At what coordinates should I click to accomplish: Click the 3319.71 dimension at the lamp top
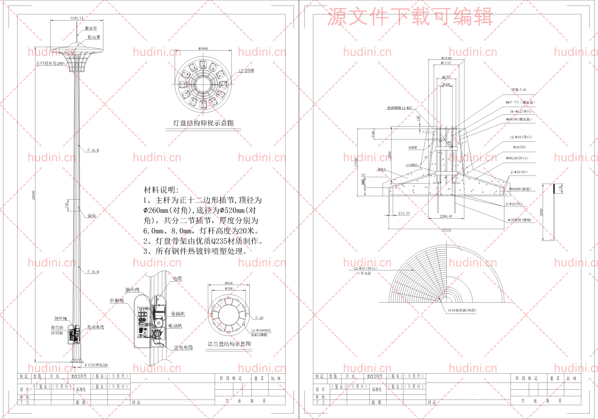pyautogui.click(x=77, y=18)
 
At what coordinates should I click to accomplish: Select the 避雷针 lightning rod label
pyautogui.click(x=91, y=28)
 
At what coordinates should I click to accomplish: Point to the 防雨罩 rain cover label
pyautogui.click(x=94, y=37)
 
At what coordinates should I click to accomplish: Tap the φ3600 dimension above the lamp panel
pyautogui.click(x=203, y=48)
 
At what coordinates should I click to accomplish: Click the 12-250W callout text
pyautogui.click(x=246, y=71)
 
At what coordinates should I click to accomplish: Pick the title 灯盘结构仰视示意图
pyautogui.click(x=203, y=123)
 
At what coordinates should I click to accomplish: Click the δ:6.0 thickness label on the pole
pyautogui.click(x=93, y=150)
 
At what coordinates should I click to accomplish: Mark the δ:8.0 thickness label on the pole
pyautogui.click(x=93, y=272)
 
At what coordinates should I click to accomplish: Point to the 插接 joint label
pyautogui.click(x=92, y=215)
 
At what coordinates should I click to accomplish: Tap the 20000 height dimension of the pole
pyautogui.click(x=33, y=195)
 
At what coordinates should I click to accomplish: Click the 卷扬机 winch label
pyautogui.click(x=178, y=314)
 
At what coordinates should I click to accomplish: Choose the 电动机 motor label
pyautogui.click(x=175, y=326)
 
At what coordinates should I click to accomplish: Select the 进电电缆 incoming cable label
pyautogui.click(x=183, y=347)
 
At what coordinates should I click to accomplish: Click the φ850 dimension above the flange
pyautogui.click(x=229, y=283)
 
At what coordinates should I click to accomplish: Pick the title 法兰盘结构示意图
pyautogui.click(x=229, y=344)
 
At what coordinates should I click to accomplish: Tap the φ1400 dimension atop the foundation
pyautogui.click(x=446, y=58)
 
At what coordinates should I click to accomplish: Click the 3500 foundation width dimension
pyautogui.click(x=446, y=231)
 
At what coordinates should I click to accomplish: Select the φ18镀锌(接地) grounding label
pyautogui.click(x=519, y=220)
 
